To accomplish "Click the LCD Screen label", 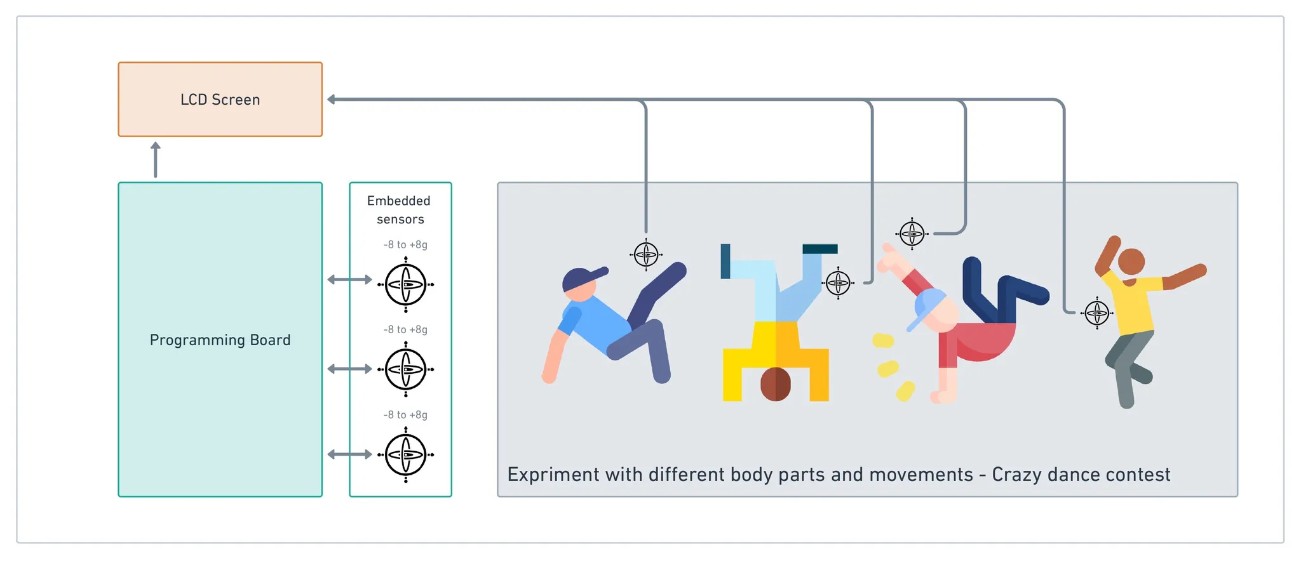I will [x=220, y=100].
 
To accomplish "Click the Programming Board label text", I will [x=220, y=340].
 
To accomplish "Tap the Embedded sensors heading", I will [x=400, y=210].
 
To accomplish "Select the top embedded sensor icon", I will [x=406, y=284].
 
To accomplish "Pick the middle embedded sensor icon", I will [x=406, y=369].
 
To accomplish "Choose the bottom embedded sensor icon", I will [x=406, y=454].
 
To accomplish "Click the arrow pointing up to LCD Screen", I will [x=156, y=159].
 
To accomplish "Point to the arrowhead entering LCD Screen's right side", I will [x=332, y=100].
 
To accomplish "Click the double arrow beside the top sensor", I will [x=349, y=280].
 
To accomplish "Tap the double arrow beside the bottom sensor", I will [x=349, y=454].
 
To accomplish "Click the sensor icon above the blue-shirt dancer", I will [x=646, y=254].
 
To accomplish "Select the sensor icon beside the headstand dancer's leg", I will [x=838, y=282].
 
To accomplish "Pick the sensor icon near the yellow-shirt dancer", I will [x=1097, y=313].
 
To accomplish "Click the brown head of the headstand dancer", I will [x=776, y=384].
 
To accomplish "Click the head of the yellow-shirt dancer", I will [x=1131, y=261].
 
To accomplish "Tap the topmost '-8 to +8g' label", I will [x=405, y=245].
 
